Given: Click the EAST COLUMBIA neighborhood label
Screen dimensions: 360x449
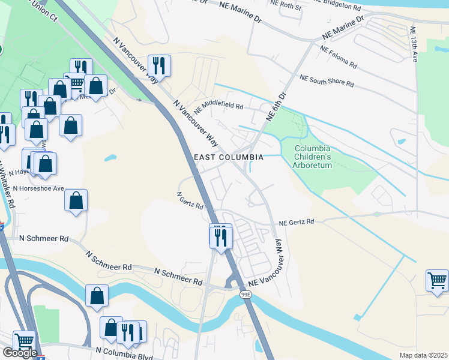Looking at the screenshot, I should click(x=229, y=157).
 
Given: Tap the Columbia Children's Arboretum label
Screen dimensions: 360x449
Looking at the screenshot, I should click(x=313, y=157).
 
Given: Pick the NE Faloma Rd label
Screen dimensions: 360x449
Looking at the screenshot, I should click(x=339, y=57).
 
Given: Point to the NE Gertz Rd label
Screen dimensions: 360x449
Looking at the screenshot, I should click(x=297, y=222).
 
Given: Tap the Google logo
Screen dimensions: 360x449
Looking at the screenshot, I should click(x=19, y=353).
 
